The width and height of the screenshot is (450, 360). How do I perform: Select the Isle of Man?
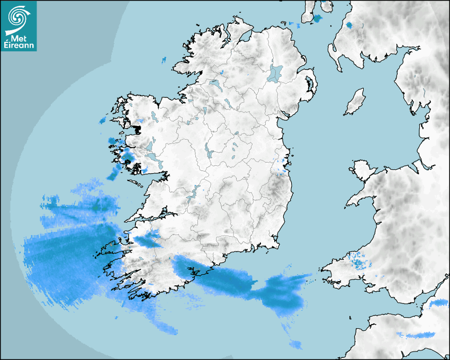point(355,102)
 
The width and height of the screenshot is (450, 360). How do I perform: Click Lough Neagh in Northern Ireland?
point(276,73)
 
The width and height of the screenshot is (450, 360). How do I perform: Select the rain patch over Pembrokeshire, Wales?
point(360,262)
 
